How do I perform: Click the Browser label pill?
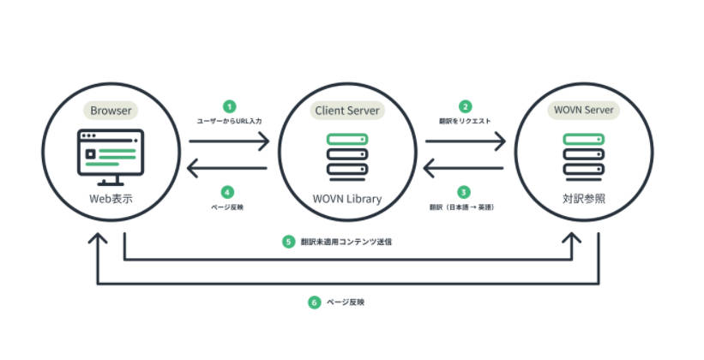pyautogui.click(x=111, y=111)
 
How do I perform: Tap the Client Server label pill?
pyautogui.click(x=347, y=111)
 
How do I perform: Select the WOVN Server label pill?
pyautogui.click(x=583, y=110)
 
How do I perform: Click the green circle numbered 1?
pyautogui.click(x=230, y=107)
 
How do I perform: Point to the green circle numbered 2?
pyautogui.click(x=465, y=107)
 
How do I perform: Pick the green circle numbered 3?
pyautogui.click(x=463, y=193)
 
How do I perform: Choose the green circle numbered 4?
pyautogui.click(x=227, y=193)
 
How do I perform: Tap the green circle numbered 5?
pyautogui.click(x=288, y=242)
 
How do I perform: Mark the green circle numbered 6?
pyautogui.click(x=315, y=302)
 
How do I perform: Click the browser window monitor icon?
pyautogui.click(x=111, y=158)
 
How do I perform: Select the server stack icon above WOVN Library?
pyautogui.click(x=347, y=157)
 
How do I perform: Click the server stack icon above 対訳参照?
pyautogui.click(x=584, y=157)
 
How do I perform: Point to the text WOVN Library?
pyautogui.click(x=347, y=199)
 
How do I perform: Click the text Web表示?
pyautogui.click(x=111, y=199)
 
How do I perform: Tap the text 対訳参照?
pyautogui.click(x=584, y=198)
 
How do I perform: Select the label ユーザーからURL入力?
pyautogui.click(x=230, y=121)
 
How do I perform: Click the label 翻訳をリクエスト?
pyautogui.click(x=465, y=121)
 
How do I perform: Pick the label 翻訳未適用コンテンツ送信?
pyautogui.click(x=346, y=242)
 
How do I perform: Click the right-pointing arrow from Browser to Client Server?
pyautogui.click(x=229, y=141)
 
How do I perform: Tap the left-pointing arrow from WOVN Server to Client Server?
pyautogui.click(x=463, y=168)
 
